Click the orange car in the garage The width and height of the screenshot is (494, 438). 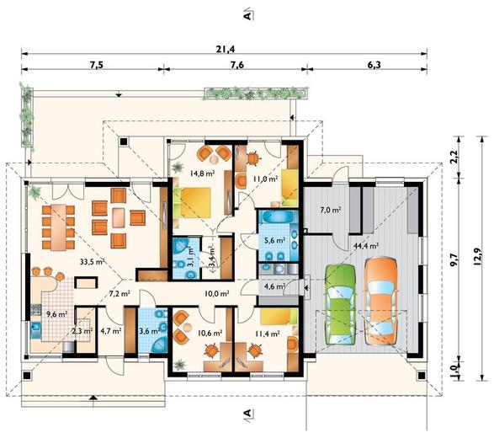[x=381, y=301]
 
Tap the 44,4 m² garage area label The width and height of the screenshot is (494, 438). [x=366, y=246]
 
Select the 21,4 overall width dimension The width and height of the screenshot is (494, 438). [x=226, y=49]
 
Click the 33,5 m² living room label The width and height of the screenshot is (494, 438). [x=92, y=262]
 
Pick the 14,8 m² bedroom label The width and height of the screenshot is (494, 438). [x=202, y=173]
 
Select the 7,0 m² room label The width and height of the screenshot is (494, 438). [x=331, y=210]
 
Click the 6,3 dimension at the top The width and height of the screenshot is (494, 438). [x=374, y=65]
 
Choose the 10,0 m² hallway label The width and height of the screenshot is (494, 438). [x=217, y=294]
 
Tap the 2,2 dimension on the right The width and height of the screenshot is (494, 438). [x=454, y=157]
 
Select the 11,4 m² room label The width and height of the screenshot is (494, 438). [x=267, y=334]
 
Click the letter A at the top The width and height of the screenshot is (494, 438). [x=248, y=15]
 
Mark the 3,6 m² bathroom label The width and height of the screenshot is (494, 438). [x=151, y=331]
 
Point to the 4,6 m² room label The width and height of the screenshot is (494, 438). [x=274, y=286]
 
